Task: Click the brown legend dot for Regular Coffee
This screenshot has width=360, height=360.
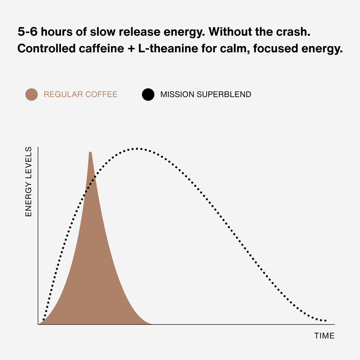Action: point(31,94)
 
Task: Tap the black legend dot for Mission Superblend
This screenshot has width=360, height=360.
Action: point(148,94)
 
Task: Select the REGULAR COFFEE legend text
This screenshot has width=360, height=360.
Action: point(80,94)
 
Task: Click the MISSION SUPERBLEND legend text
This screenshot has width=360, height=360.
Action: point(206,94)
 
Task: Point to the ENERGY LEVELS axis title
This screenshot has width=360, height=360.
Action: point(28,182)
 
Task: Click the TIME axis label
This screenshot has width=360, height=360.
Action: point(324,336)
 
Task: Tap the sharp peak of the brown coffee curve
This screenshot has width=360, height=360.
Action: point(90,153)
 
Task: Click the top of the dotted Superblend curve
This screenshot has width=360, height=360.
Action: point(137,149)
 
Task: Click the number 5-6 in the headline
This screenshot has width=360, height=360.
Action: point(28,32)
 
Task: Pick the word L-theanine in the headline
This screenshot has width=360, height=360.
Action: point(168,48)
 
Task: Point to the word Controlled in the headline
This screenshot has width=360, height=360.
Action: point(46,48)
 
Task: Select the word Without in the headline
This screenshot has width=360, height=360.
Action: point(230,32)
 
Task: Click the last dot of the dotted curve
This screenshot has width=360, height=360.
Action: point(326,321)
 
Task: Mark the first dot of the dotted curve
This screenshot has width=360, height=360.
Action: point(44,319)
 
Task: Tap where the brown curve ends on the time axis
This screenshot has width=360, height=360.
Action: point(152,324)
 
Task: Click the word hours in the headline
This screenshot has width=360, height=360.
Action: point(57,32)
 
